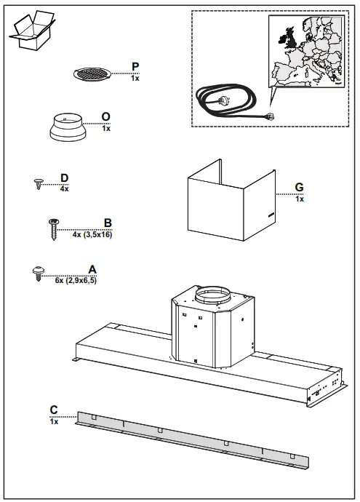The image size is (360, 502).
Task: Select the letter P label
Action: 135,66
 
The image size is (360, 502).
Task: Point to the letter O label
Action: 106,117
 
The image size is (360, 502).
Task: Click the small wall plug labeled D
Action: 39,183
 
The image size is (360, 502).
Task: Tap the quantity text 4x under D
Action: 64,188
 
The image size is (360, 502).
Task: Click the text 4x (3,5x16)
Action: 92,235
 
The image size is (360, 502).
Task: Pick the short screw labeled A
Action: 39,273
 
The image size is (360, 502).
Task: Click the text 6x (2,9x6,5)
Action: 76,280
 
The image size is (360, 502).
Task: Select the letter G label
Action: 299,188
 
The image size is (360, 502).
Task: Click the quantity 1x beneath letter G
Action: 300,199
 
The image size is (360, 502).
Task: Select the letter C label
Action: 54,410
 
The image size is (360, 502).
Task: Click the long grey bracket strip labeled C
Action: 193,440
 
